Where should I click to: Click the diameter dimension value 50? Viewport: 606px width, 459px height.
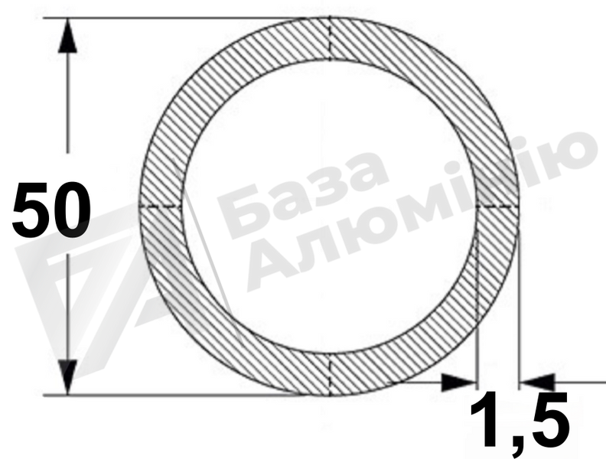(51, 210)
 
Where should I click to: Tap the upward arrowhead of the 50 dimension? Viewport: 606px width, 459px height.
(67, 35)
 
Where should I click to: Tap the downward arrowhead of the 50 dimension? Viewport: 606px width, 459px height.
(67, 377)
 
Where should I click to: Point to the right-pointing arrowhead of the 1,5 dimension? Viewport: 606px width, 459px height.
(460, 382)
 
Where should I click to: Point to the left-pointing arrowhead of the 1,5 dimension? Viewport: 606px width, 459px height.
(537, 382)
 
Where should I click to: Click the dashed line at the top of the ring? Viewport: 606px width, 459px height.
(330, 39)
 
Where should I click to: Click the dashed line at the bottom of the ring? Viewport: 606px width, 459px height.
(330, 375)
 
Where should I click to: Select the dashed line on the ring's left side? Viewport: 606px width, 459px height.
(161, 207)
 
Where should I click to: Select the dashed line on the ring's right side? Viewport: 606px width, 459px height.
(498, 207)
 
